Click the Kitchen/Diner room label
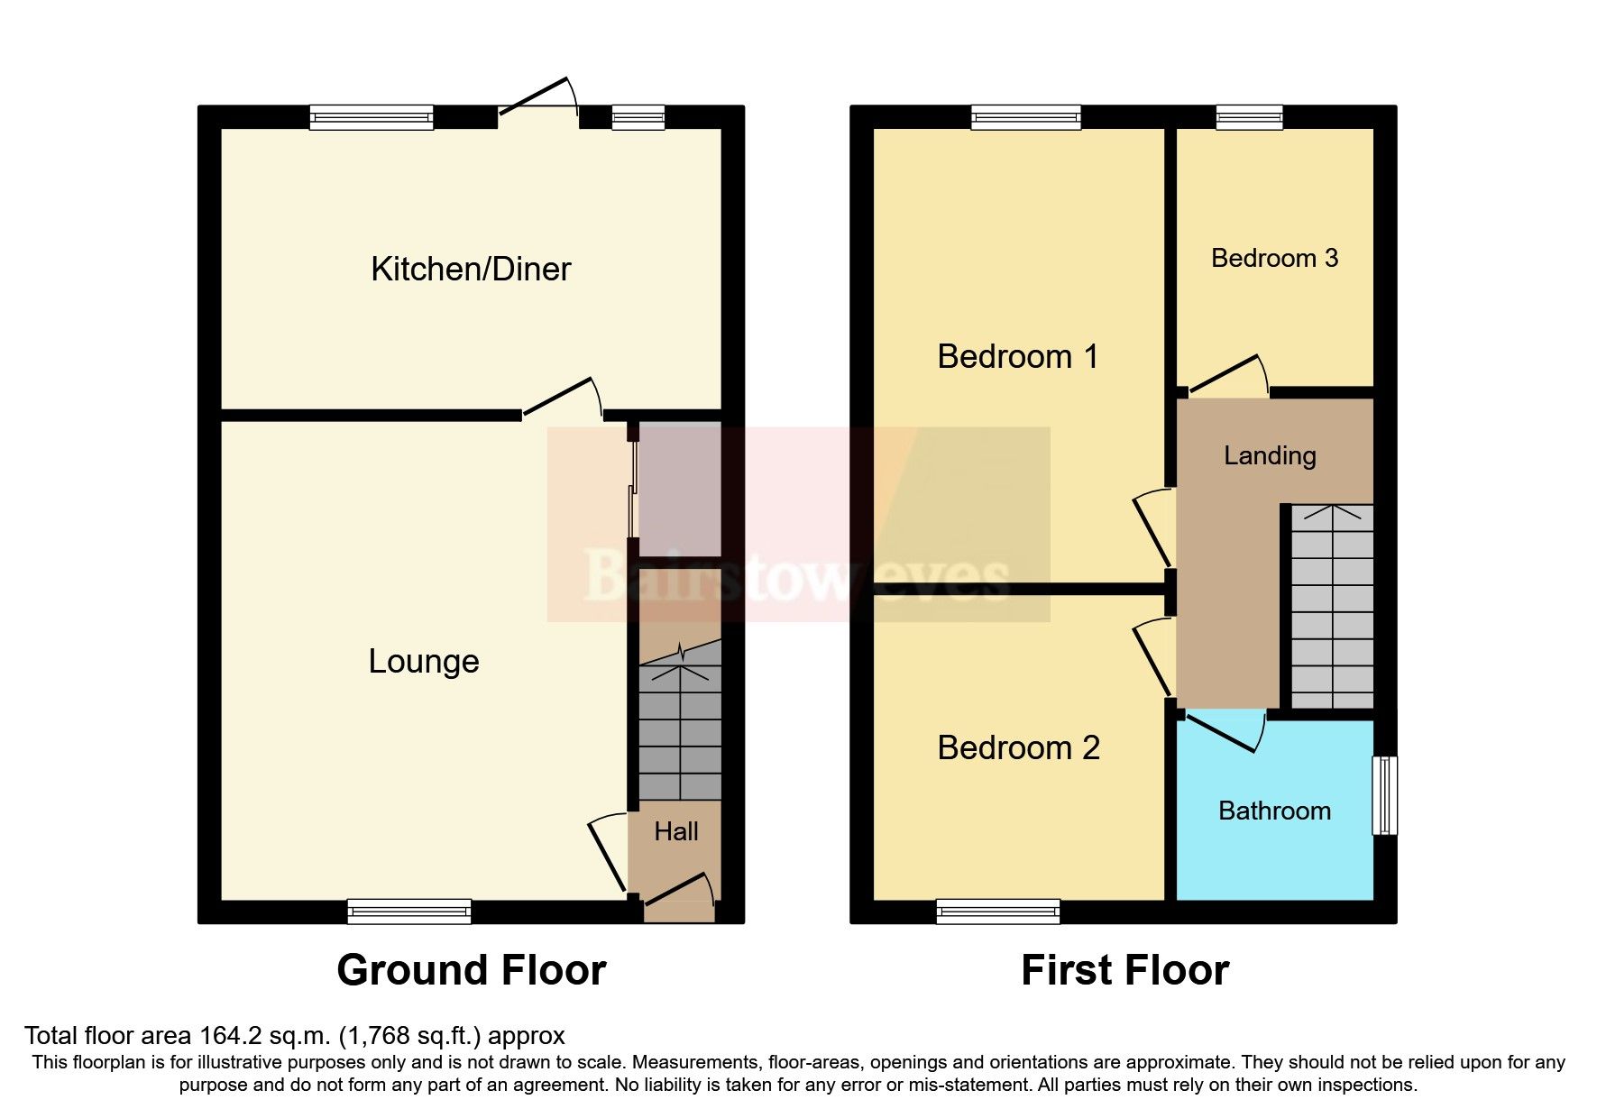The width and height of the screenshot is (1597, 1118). click(471, 269)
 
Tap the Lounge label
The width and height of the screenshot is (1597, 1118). click(423, 662)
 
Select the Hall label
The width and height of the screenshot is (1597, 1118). click(675, 831)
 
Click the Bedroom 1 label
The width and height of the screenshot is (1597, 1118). click(1017, 357)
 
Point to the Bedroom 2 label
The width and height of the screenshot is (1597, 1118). click(1018, 748)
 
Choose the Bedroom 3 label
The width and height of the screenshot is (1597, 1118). click(1273, 259)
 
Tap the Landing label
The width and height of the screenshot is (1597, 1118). click(1269, 456)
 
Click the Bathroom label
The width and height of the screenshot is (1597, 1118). click(1273, 811)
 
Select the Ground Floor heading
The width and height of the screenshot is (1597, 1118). click(471, 971)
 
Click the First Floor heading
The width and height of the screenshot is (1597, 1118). click(1124, 971)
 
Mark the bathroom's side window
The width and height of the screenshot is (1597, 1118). click(1384, 795)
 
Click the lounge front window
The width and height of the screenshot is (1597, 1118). click(409, 912)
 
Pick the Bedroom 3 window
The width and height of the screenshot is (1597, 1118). click(1249, 116)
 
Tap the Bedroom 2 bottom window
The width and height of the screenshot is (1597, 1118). click(998, 912)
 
